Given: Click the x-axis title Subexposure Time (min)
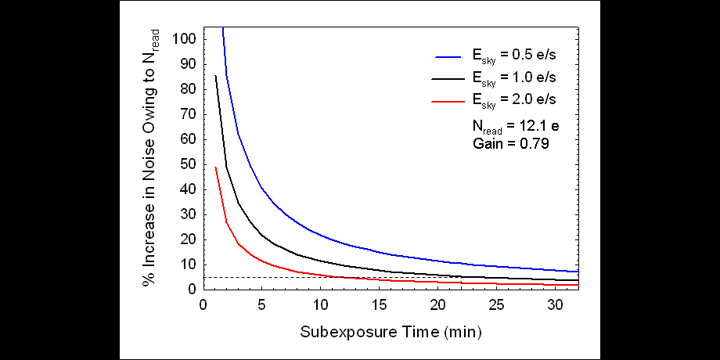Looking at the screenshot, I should click(391, 332).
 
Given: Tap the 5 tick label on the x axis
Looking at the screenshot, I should click(262, 304).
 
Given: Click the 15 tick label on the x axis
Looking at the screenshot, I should click(380, 304).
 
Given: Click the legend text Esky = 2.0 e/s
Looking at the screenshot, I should click(513, 100).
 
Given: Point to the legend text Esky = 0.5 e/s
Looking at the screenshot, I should click(513, 56).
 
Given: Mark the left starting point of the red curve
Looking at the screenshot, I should click(215, 167).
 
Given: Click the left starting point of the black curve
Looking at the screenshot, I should click(215, 76).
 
